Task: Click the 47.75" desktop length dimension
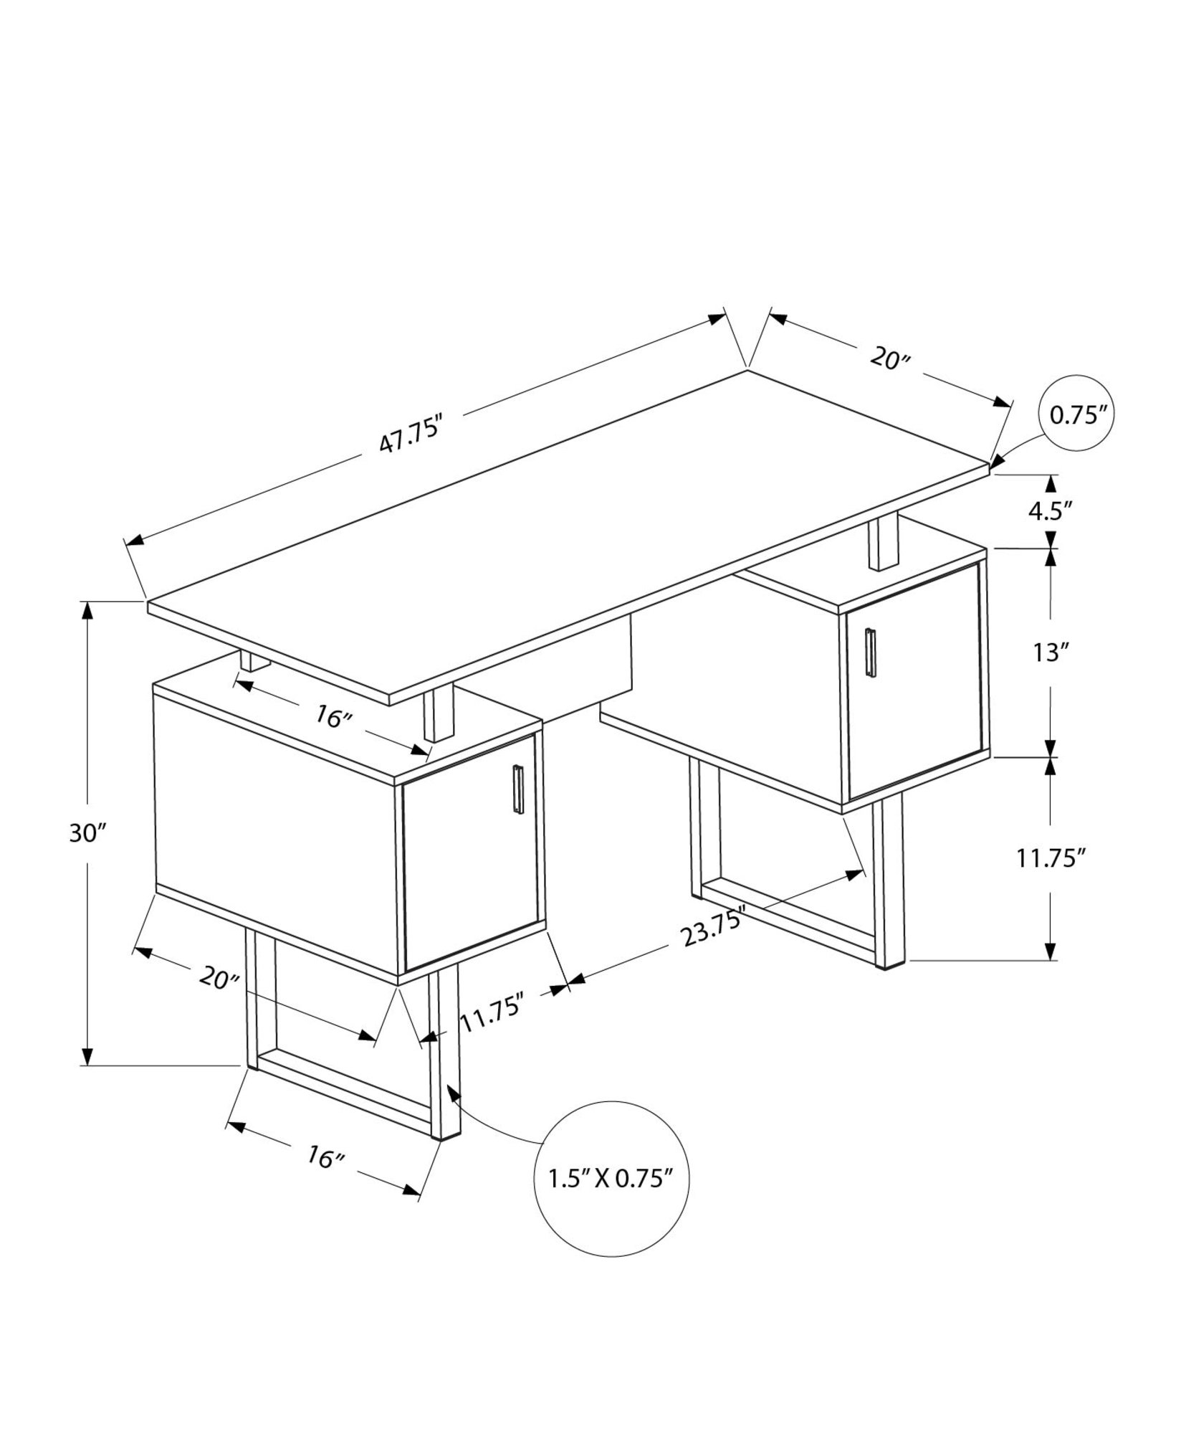point(407,439)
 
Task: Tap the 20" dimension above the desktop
point(889,357)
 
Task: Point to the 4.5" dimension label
point(1051,511)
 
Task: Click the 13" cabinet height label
point(1051,652)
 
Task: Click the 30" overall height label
point(87,833)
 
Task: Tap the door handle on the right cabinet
point(870,652)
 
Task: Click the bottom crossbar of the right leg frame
point(788,921)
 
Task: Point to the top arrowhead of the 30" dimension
point(87,609)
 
